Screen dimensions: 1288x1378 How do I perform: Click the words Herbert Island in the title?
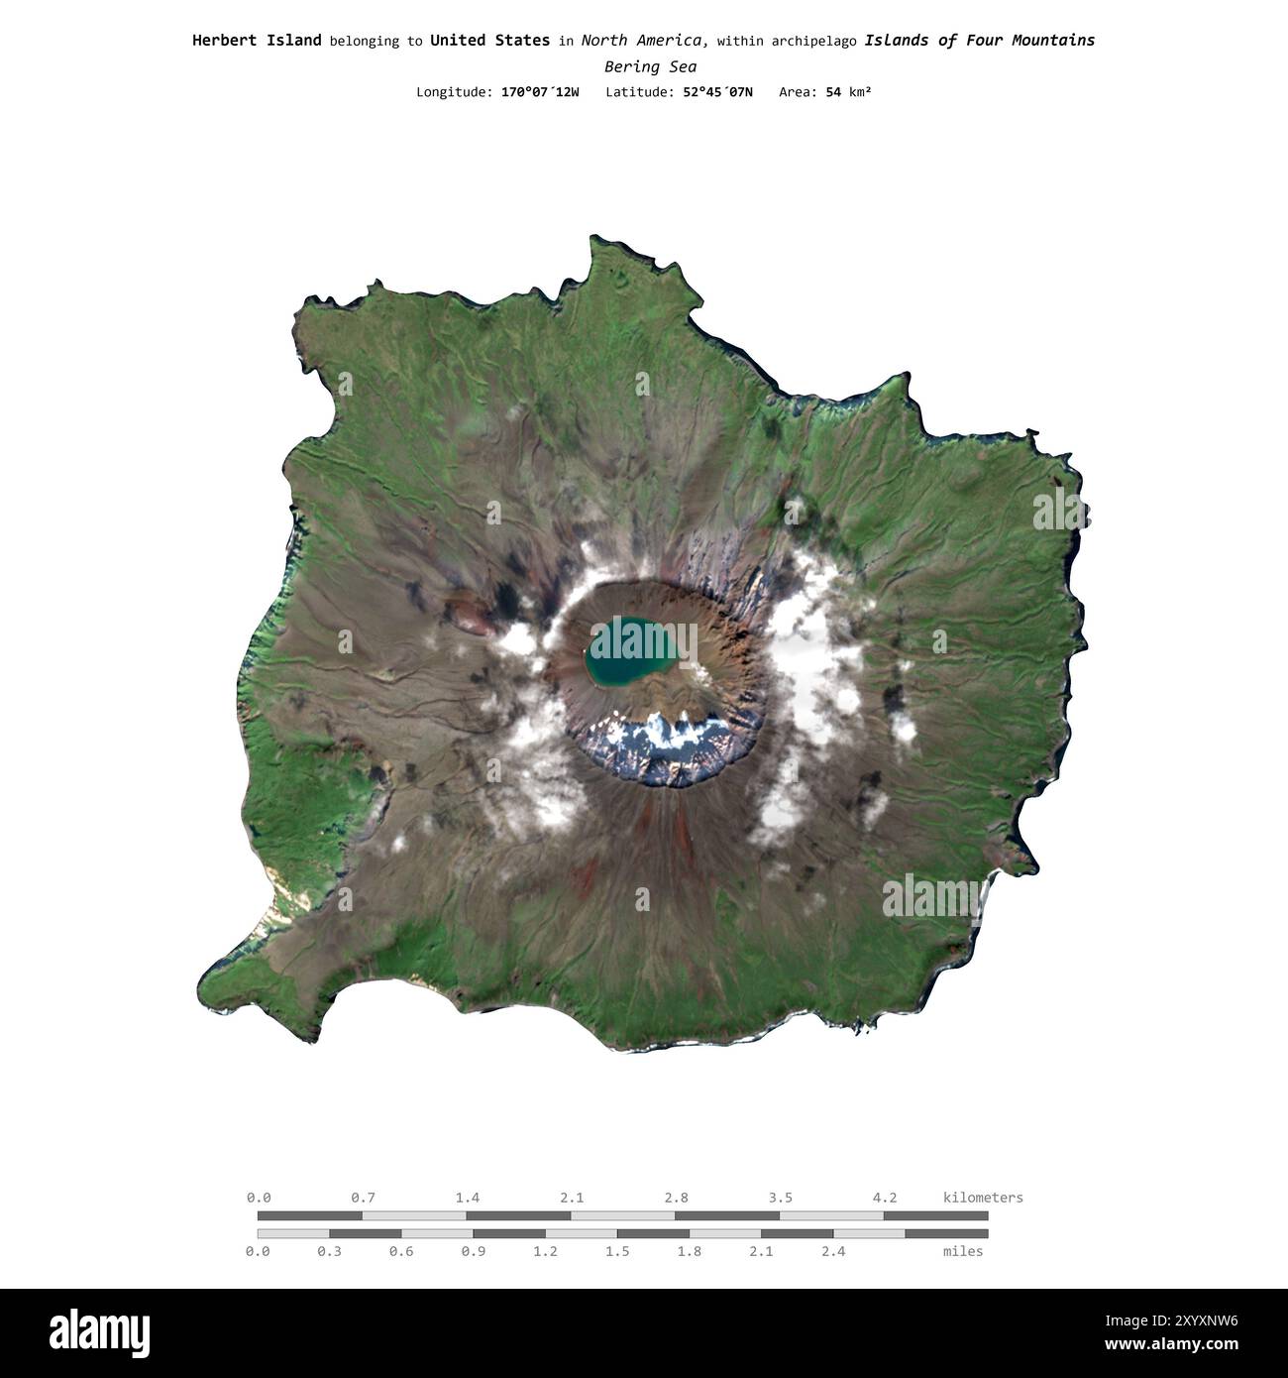pyautogui.click(x=257, y=41)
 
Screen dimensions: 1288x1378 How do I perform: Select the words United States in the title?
pyautogui.click(x=489, y=41)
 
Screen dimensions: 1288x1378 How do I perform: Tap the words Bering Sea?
pyautogui.click(x=650, y=67)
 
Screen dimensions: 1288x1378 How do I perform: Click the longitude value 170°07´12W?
pyautogui.click(x=540, y=92)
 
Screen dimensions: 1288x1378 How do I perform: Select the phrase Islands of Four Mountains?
pyautogui.click(x=979, y=41)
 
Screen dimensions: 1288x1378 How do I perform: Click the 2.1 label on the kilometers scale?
pyautogui.click(x=572, y=1198)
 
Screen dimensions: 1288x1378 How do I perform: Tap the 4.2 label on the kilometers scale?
pyautogui.click(x=885, y=1198)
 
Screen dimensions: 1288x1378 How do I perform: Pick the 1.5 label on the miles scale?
pyautogui.click(x=617, y=1252)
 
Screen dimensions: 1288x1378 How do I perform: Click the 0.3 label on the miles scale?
pyautogui.click(x=330, y=1252)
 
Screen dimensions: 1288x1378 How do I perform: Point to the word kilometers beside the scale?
pyautogui.click(x=983, y=1198)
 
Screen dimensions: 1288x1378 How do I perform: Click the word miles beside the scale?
pyautogui.click(x=963, y=1252)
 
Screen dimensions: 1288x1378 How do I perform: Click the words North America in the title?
pyautogui.click(x=643, y=41)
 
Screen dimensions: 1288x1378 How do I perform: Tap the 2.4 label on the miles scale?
pyautogui.click(x=833, y=1252)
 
